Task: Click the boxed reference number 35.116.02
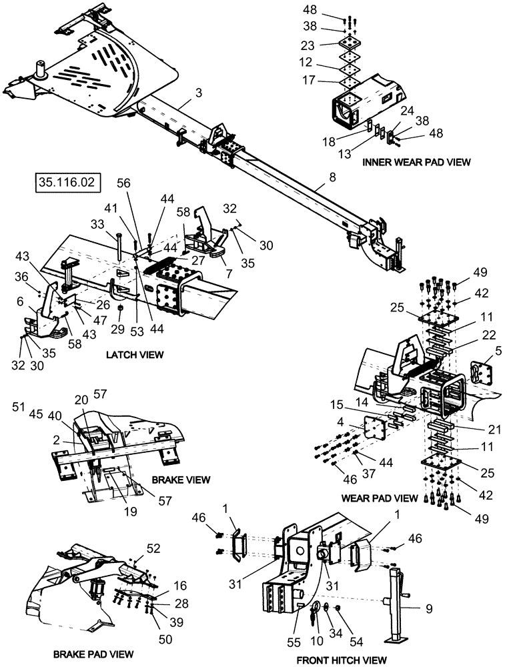coord(61,181)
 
